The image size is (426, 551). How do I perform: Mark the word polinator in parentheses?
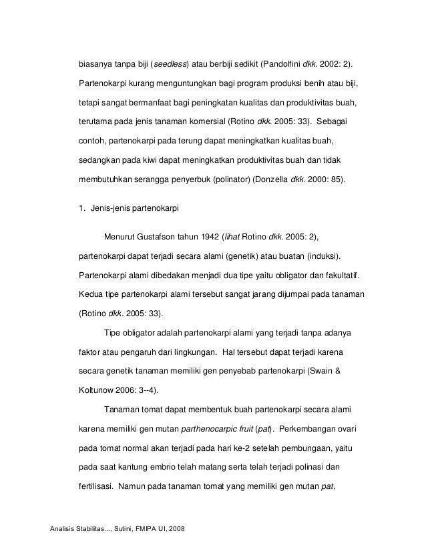point(230,179)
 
